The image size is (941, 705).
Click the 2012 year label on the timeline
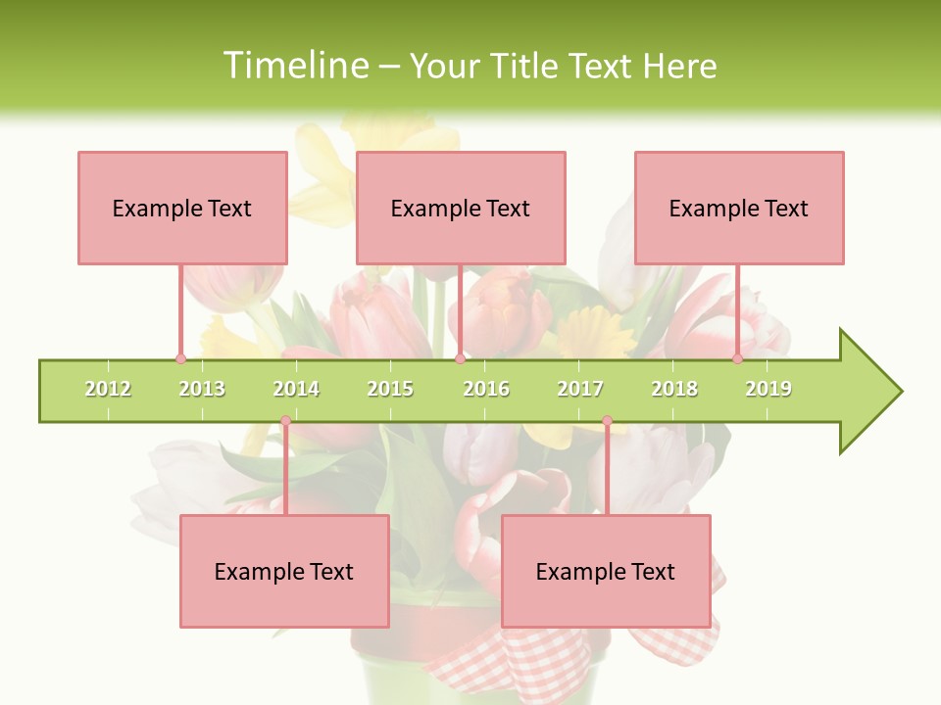click(108, 389)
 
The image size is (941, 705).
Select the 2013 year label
click(202, 389)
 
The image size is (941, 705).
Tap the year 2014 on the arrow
click(296, 389)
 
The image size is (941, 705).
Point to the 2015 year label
click(390, 389)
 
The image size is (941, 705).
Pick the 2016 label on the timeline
click(486, 389)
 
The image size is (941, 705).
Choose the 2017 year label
click(580, 389)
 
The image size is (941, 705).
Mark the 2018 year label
click(674, 389)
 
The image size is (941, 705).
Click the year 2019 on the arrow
click(768, 389)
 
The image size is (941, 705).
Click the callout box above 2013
click(182, 208)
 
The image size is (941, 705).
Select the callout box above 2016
click(461, 208)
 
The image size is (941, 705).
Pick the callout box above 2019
click(739, 208)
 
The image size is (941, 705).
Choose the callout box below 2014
click(284, 571)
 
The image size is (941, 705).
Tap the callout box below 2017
click(606, 571)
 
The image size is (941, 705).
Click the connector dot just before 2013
click(180, 358)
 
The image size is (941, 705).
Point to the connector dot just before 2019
click(737, 358)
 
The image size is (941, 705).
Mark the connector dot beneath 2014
click(285, 421)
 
